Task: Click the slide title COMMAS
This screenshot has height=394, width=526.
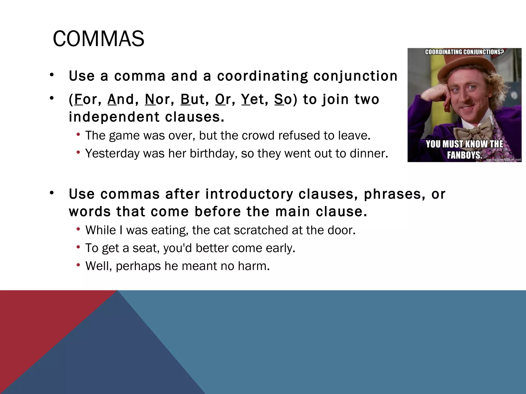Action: click(98, 39)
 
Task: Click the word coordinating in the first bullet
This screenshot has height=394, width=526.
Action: click(262, 76)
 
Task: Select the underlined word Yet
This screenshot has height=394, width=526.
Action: click(255, 100)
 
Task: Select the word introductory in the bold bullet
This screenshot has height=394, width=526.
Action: click(249, 194)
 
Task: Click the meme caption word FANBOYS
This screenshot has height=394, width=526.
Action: click(464, 155)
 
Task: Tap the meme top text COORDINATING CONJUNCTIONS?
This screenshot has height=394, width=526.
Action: click(464, 52)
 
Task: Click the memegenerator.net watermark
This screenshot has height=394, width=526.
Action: click(503, 160)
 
